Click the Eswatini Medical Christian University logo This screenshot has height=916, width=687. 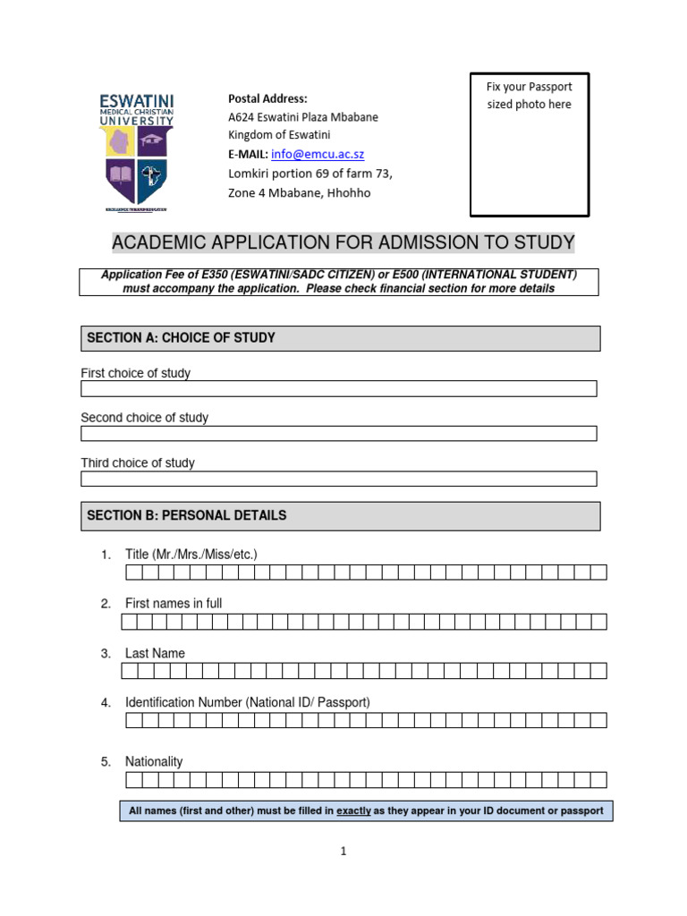(x=137, y=149)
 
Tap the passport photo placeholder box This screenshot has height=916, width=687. (x=529, y=145)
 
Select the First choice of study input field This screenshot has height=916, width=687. (x=338, y=388)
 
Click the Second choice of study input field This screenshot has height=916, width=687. (x=338, y=433)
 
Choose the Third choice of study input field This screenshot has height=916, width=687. (x=338, y=479)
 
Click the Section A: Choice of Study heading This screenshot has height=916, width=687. (x=181, y=338)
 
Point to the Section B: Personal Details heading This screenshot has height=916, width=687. (x=186, y=515)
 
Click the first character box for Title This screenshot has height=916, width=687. (x=129, y=572)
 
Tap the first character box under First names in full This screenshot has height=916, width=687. (x=129, y=622)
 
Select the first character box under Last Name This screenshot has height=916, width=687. (x=129, y=671)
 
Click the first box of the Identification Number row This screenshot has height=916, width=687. (x=129, y=720)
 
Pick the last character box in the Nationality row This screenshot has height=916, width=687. (x=598, y=780)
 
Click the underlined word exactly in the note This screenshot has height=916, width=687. (x=353, y=811)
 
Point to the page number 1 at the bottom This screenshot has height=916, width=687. (x=343, y=852)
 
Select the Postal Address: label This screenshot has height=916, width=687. (x=267, y=98)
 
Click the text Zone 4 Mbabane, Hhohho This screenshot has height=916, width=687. (x=299, y=192)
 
